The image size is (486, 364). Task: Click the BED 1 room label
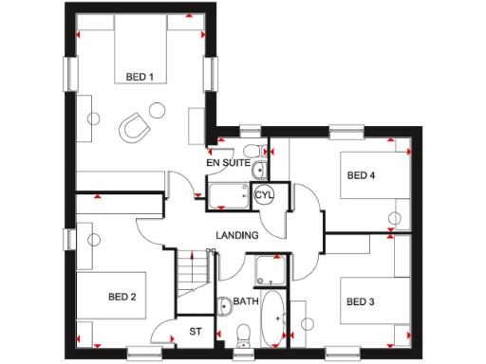140,77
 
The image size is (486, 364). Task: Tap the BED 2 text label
121,297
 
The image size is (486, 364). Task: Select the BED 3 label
361,302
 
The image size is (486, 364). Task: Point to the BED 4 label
361,175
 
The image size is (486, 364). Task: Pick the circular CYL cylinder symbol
264,194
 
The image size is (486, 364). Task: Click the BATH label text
246,302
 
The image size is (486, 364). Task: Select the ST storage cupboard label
196,331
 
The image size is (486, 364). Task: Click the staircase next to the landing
194,279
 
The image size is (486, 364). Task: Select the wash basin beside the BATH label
224,305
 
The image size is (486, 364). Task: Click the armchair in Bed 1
137,128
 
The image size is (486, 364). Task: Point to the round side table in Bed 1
94,118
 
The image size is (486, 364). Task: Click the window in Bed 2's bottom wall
144,353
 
